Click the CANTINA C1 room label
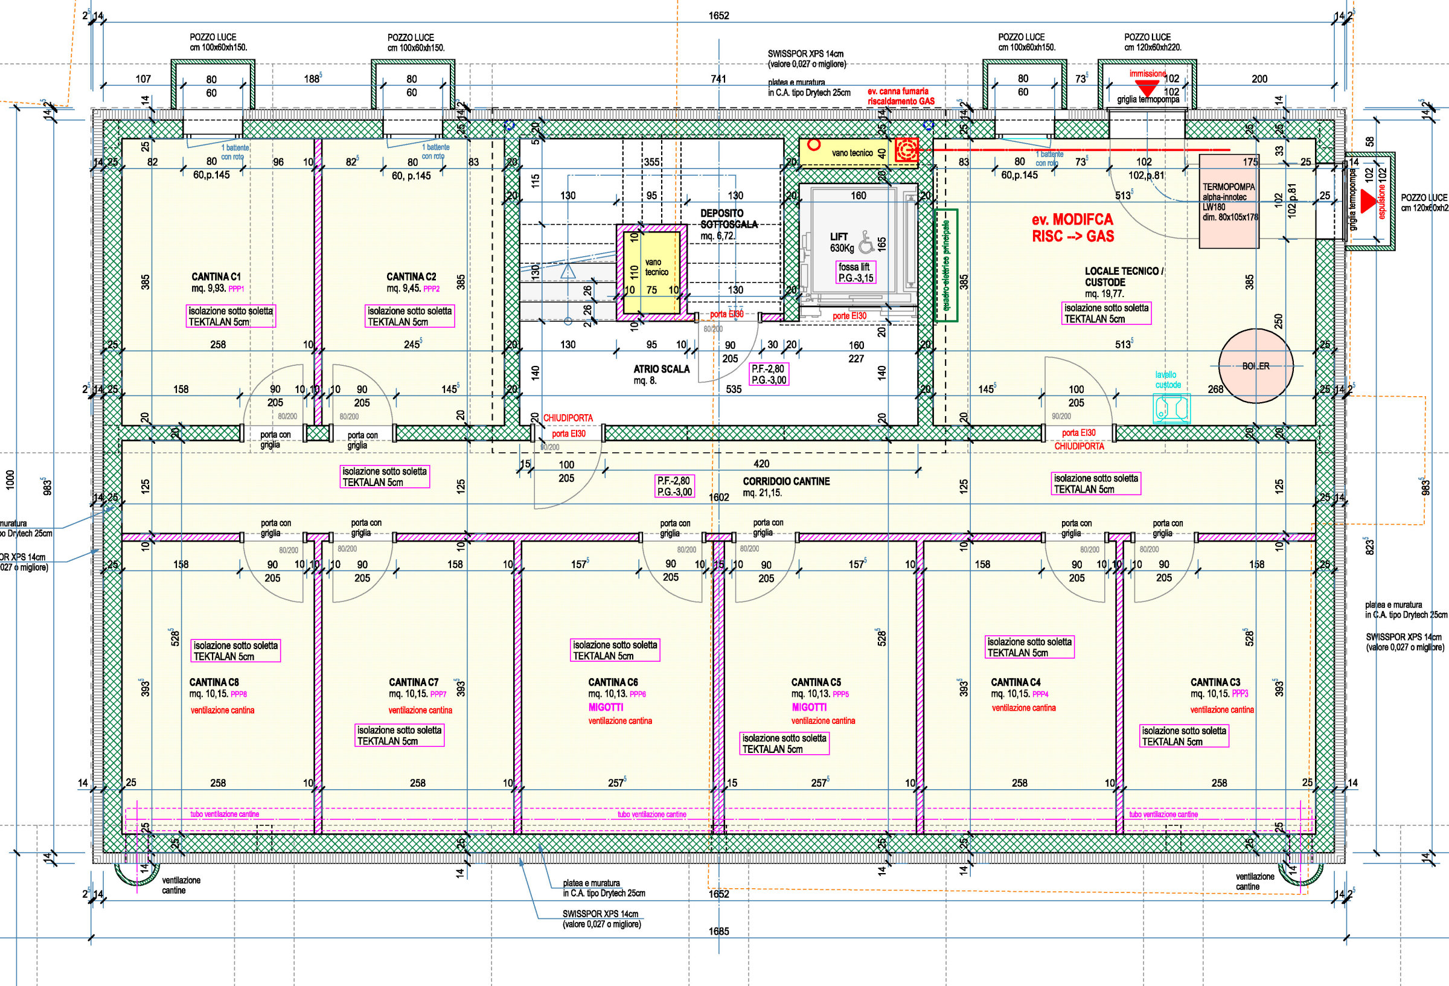pyautogui.click(x=216, y=277)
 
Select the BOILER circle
pyautogui.click(x=1256, y=366)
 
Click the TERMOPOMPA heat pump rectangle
pyautogui.click(x=1229, y=201)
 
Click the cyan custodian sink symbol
pyautogui.click(x=1171, y=408)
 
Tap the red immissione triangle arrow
pyautogui.click(x=1146, y=88)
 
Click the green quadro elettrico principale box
pyautogui.click(x=947, y=265)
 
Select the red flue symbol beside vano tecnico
pyautogui.click(x=906, y=150)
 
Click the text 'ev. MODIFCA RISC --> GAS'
pyautogui.click(x=1072, y=228)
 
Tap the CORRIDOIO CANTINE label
pyautogui.click(x=785, y=481)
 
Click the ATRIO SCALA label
pyautogui.click(x=661, y=368)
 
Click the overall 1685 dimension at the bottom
pyautogui.click(x=718, y=931)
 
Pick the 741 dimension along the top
pyautogui.click(x=718, y=78)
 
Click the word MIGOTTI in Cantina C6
pyautogui.click(x=606, y=707)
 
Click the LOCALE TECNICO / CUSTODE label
pyautogui.click(x=1123, y=277)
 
